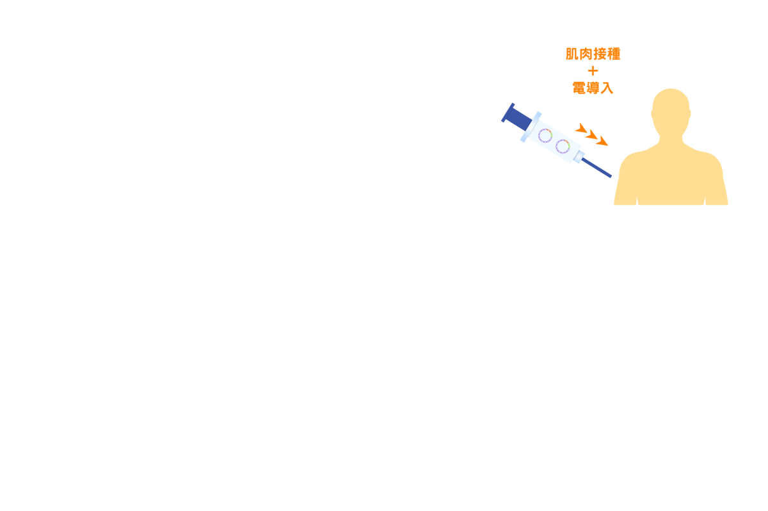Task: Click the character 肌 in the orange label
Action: click(572, 54)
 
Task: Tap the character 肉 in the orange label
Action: click(586, 54)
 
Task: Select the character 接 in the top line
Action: click(600, 54)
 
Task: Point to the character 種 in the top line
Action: click(614, 54)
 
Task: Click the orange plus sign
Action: click(593, 71)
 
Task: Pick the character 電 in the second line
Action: click(579, 88)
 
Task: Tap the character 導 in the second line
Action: click(593, 88)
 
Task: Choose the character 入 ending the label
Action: click(607, 88)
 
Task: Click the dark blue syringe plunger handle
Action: click(516, 117)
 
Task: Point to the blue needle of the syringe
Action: click(596, 168)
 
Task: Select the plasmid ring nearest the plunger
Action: click(545, 136)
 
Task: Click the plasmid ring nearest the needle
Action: click(563, 147)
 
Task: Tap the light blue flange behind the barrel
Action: click(531, 127)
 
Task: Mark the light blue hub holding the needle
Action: click(579, 157)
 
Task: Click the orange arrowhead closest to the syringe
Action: click(582, 128)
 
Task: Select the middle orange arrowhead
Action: click(592, 134)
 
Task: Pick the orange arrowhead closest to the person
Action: click(602, 142)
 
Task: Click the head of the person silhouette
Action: click(671, 111)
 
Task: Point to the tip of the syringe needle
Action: click(611, 177)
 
